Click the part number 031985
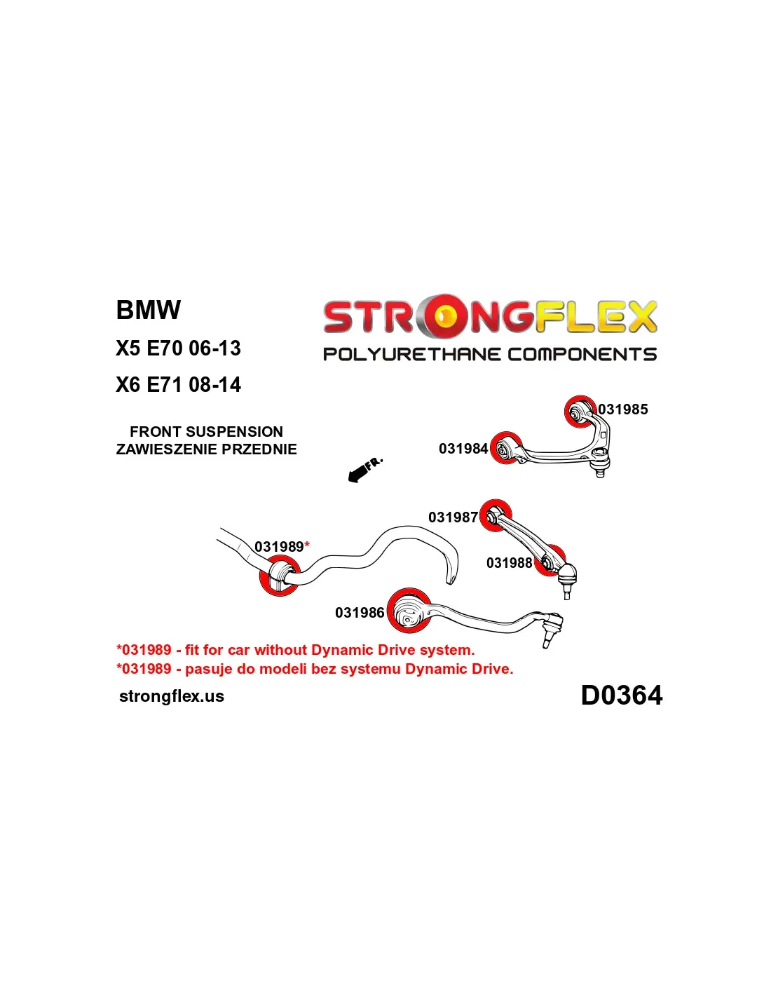click(x=622, y=409)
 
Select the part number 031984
click(x=463, y=449)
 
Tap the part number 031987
click(x=453, y=517)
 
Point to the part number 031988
click(x=509, y=563)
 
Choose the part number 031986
click(x=360, y=613)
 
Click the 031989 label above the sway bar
click(x=279, y=547)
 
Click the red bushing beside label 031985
click(x=580, y=411)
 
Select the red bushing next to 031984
click(x=505, y=448)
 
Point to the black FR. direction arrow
click(x=364, y=470)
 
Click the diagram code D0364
click(x=621, y=696)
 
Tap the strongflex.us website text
click(x=172, y=696)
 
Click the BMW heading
click(x=149, y=310)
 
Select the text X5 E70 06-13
click(x=178, y=348)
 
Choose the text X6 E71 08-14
click(x=178, y=385)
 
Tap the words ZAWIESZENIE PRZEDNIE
click(x=206, y=449)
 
